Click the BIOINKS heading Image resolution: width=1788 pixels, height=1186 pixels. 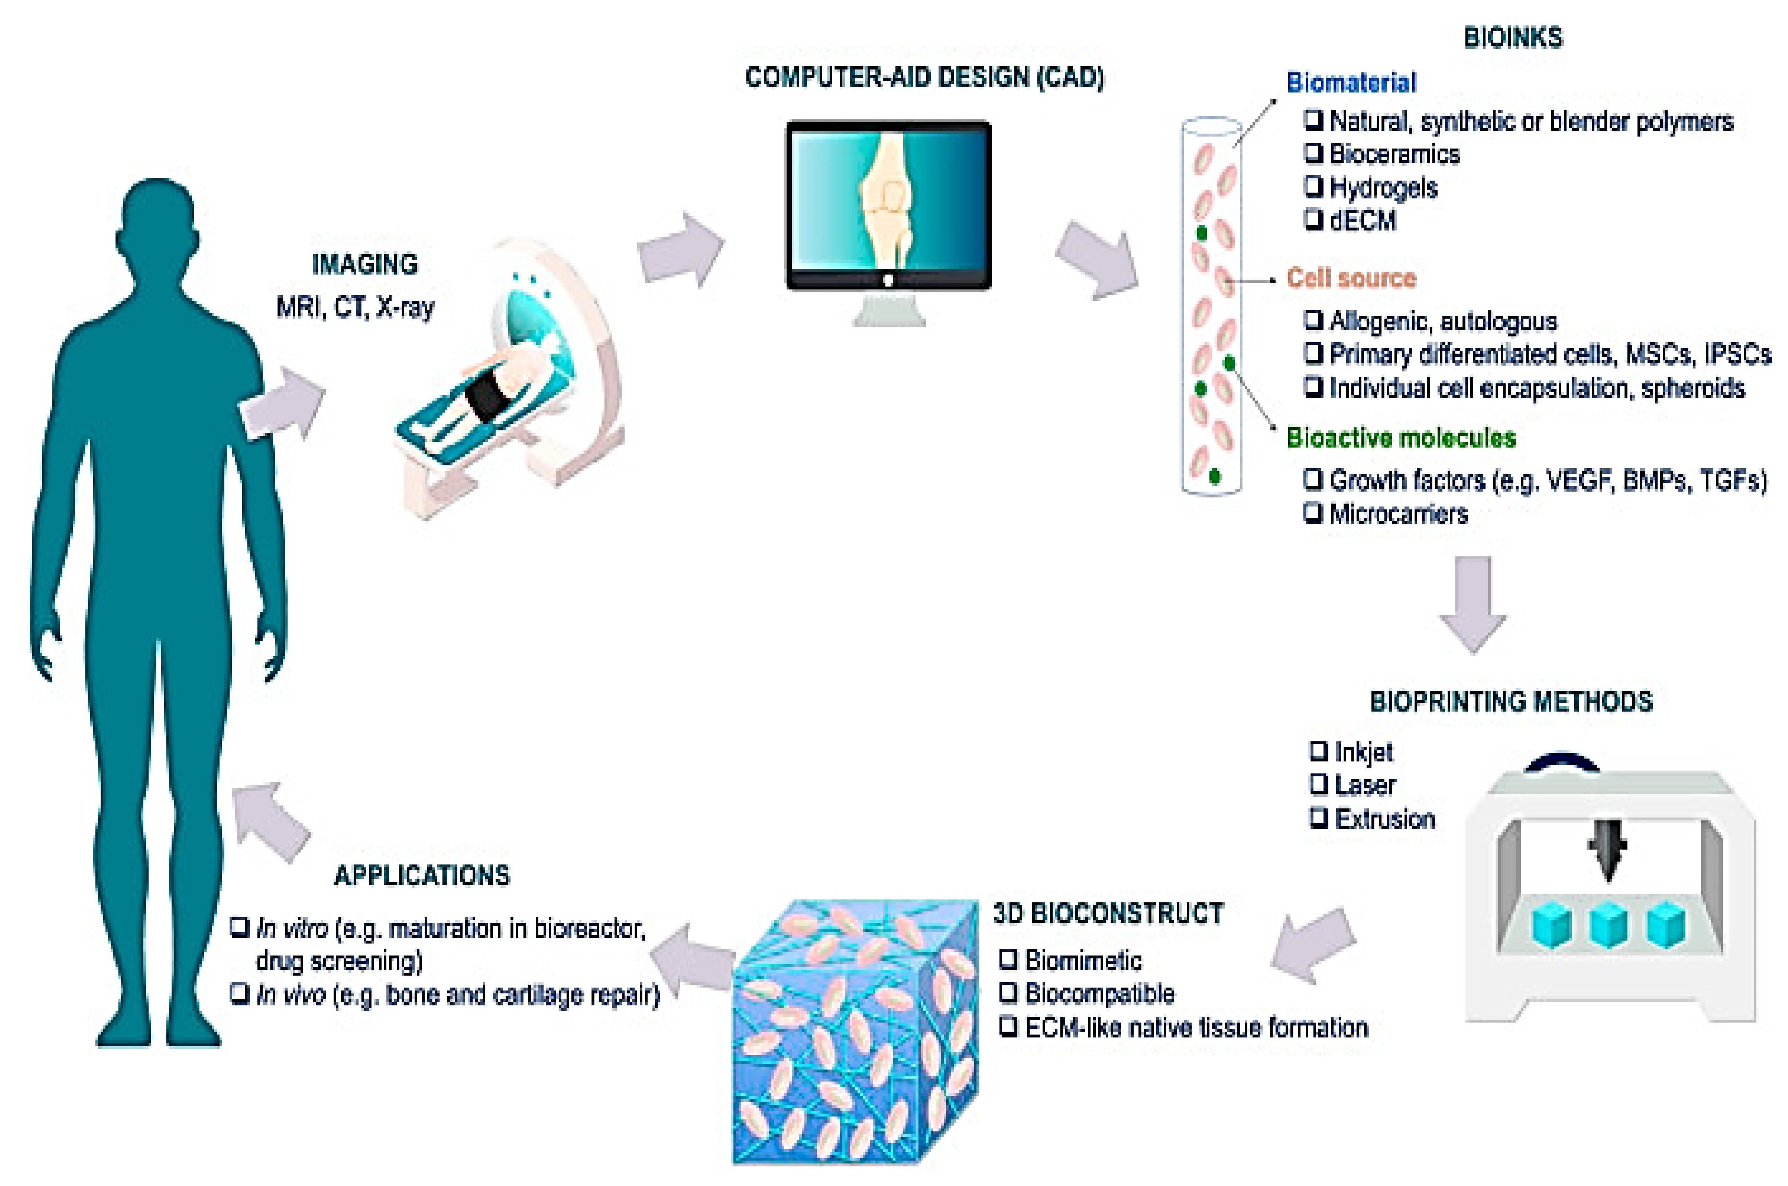click(x=1512, y=38)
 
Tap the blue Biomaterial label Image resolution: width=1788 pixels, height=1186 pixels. click(x=1351, y=82)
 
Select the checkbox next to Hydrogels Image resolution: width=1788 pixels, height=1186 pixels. click(x=1313, y=185)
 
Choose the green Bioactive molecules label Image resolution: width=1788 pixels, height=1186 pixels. click(x=1401, y=438)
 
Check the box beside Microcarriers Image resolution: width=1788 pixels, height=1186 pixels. click(x=1313, y=513)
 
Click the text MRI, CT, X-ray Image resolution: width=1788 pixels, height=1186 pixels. click(x=355, y=307)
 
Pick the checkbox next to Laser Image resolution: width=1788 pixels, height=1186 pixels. click(x=1319, y=784)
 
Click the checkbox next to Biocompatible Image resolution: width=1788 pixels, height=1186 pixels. click(x=1008, y=992)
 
